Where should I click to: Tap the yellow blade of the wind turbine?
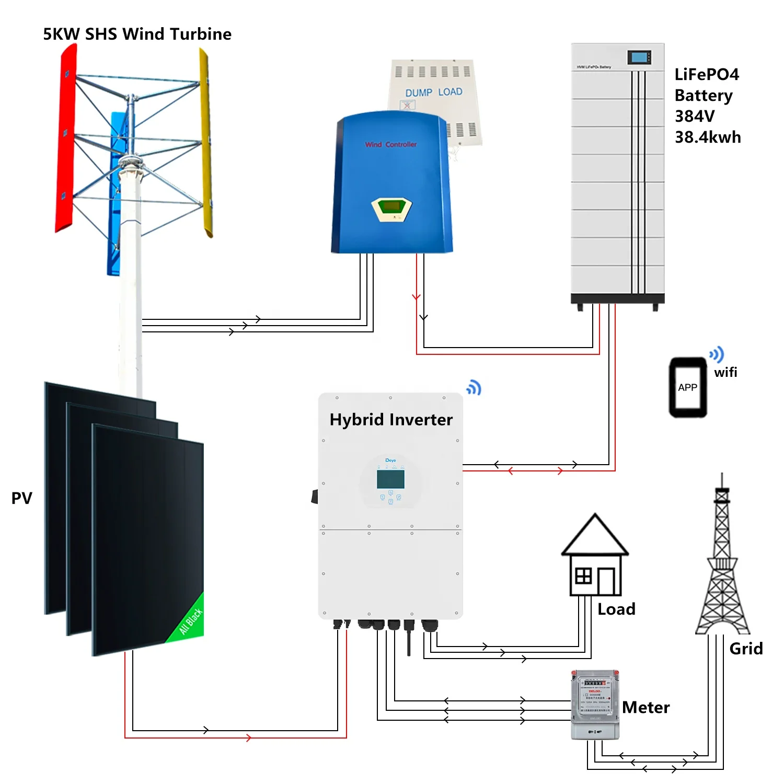click(x=206, y=141)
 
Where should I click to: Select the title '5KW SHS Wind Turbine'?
click(x=137, y=34)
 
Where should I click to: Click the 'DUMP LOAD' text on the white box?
click(x=434, y=93)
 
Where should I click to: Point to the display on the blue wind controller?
click(x=391, y=207)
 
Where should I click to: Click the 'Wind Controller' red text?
click(x=391, y=144)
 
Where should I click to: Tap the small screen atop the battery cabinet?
click(x=639, y=57)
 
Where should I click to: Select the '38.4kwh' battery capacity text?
click(x=708, y=137)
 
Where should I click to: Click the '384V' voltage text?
click(x=694, y=116)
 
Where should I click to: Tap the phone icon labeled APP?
click(x=688, y=387)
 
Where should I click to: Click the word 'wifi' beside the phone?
click(x=725, y=372)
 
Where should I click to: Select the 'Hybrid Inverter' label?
click(x=391, y=420)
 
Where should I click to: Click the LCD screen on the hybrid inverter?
click(x=390, y=479)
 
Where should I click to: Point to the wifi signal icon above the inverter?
click(x=474, y=387)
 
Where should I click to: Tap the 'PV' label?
click(x=21, y=498)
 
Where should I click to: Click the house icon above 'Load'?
click(x=595, y=557)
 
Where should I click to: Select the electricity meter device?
click(x=595, y=704)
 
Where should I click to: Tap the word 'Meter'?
click(x=645, y=707)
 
